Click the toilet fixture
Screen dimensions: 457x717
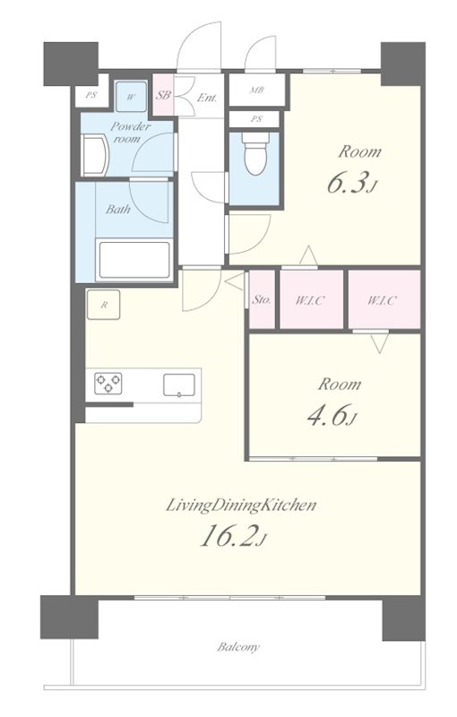255,153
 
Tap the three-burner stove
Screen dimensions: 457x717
108,384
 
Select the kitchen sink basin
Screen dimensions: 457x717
179,384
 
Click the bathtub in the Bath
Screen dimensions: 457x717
134,259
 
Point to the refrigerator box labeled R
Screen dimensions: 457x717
104,305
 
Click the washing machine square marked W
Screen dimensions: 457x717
131,97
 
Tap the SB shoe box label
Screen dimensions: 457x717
163,95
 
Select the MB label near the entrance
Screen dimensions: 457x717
256,91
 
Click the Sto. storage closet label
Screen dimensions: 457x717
262,300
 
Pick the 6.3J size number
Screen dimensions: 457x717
352,183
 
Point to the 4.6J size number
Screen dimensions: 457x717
332,416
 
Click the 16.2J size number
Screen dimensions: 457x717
233,536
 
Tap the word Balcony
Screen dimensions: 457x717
238,647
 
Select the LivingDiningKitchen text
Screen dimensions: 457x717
241,505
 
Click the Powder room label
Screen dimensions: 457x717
129,132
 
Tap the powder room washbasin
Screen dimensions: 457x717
95,155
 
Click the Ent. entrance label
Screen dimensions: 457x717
207,98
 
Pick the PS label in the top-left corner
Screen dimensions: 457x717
91,96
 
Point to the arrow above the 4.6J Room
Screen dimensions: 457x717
380,343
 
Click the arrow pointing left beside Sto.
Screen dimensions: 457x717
236,281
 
